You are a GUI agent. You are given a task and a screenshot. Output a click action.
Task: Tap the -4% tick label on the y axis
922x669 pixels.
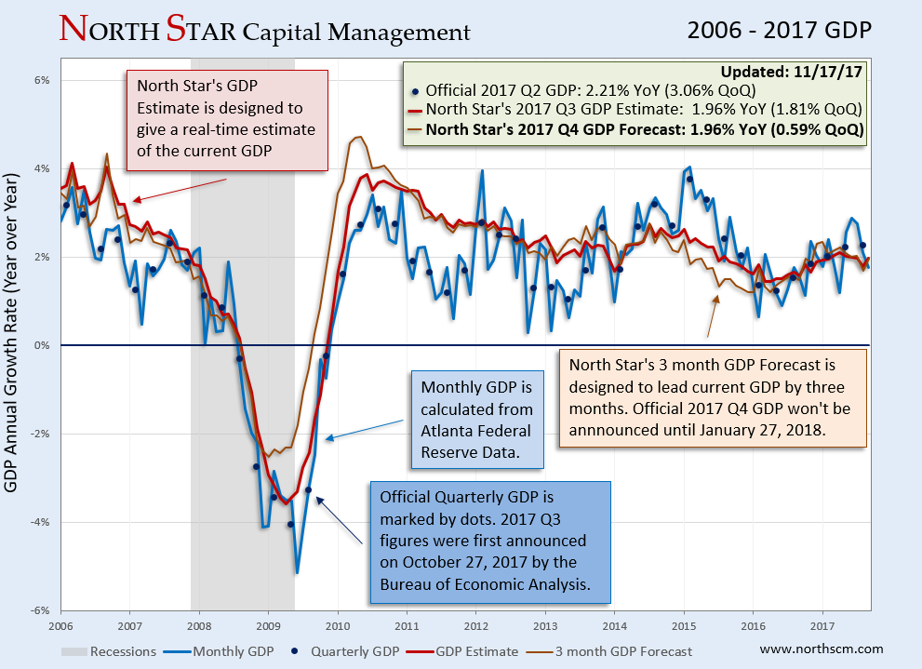point(43,522)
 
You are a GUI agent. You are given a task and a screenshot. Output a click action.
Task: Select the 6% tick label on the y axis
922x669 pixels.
point(43,80)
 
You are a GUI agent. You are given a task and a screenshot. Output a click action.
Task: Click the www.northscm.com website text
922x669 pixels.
point(822,649)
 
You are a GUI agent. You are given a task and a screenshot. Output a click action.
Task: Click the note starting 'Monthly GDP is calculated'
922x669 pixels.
point(476,421)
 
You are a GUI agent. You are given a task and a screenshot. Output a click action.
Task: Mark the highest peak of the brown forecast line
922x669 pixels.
point(357,138)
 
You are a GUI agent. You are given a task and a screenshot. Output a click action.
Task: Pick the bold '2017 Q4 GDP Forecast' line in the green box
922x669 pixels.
point(645,128)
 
